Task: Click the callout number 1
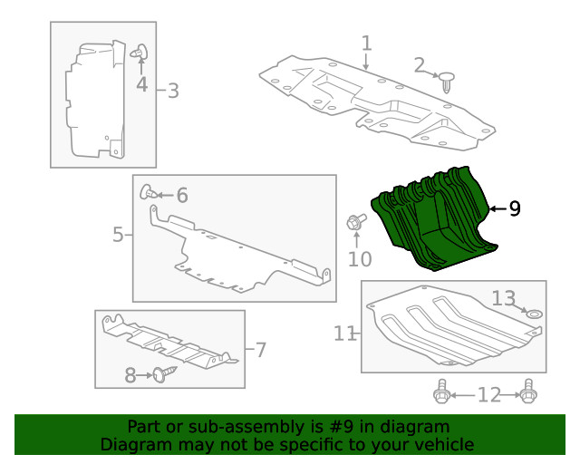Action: [366, 43]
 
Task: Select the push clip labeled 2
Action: [449, 82]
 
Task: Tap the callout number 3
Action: [173, 91]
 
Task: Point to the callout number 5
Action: [119, 236]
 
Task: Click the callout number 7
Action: [259, 349]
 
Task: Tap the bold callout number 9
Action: [515, 209]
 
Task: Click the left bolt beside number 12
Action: [442, 393]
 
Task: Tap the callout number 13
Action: [503, 297]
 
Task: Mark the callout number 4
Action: [142, 85]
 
